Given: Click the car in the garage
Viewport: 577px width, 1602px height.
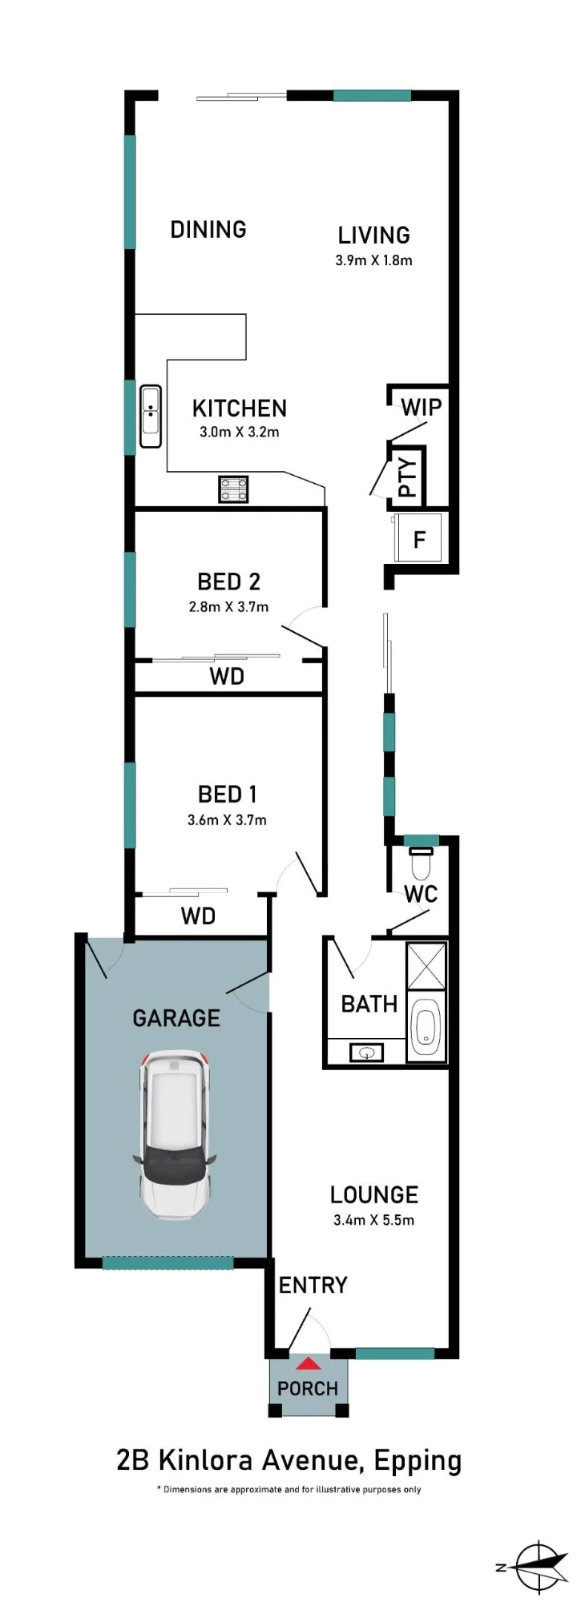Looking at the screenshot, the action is [176, 1134].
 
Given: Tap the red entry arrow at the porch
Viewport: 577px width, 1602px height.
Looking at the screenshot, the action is [309, 1363].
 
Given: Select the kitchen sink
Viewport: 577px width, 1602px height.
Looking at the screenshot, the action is [151, 416].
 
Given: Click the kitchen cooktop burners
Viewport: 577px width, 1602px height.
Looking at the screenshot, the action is [233, 489].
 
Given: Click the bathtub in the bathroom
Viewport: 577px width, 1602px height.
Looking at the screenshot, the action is [426, 1028].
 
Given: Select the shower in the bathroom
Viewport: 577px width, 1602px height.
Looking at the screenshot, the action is [426, 967].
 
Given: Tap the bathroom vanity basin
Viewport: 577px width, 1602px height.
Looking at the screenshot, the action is [367, 1052].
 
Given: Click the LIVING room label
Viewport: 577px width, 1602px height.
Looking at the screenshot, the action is [373, 235].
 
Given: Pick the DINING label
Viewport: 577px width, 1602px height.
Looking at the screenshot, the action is [208, 230].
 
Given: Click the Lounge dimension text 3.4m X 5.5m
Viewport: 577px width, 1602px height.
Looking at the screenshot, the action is [373, 1220].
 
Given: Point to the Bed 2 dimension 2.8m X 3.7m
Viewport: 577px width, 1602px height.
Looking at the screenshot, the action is [228, 606].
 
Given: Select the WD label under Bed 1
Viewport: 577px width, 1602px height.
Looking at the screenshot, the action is [198, 916].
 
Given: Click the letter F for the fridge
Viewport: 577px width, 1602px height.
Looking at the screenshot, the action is [419, 540].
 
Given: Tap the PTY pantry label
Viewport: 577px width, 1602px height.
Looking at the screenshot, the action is [407, 477].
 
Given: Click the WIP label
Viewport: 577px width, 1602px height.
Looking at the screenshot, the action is [422, 407].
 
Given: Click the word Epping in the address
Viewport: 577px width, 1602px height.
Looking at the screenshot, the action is [418, 1460].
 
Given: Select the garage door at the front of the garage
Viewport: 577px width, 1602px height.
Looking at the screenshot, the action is [167, 1262].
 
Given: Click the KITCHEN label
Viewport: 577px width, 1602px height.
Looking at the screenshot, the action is [239, 409].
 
